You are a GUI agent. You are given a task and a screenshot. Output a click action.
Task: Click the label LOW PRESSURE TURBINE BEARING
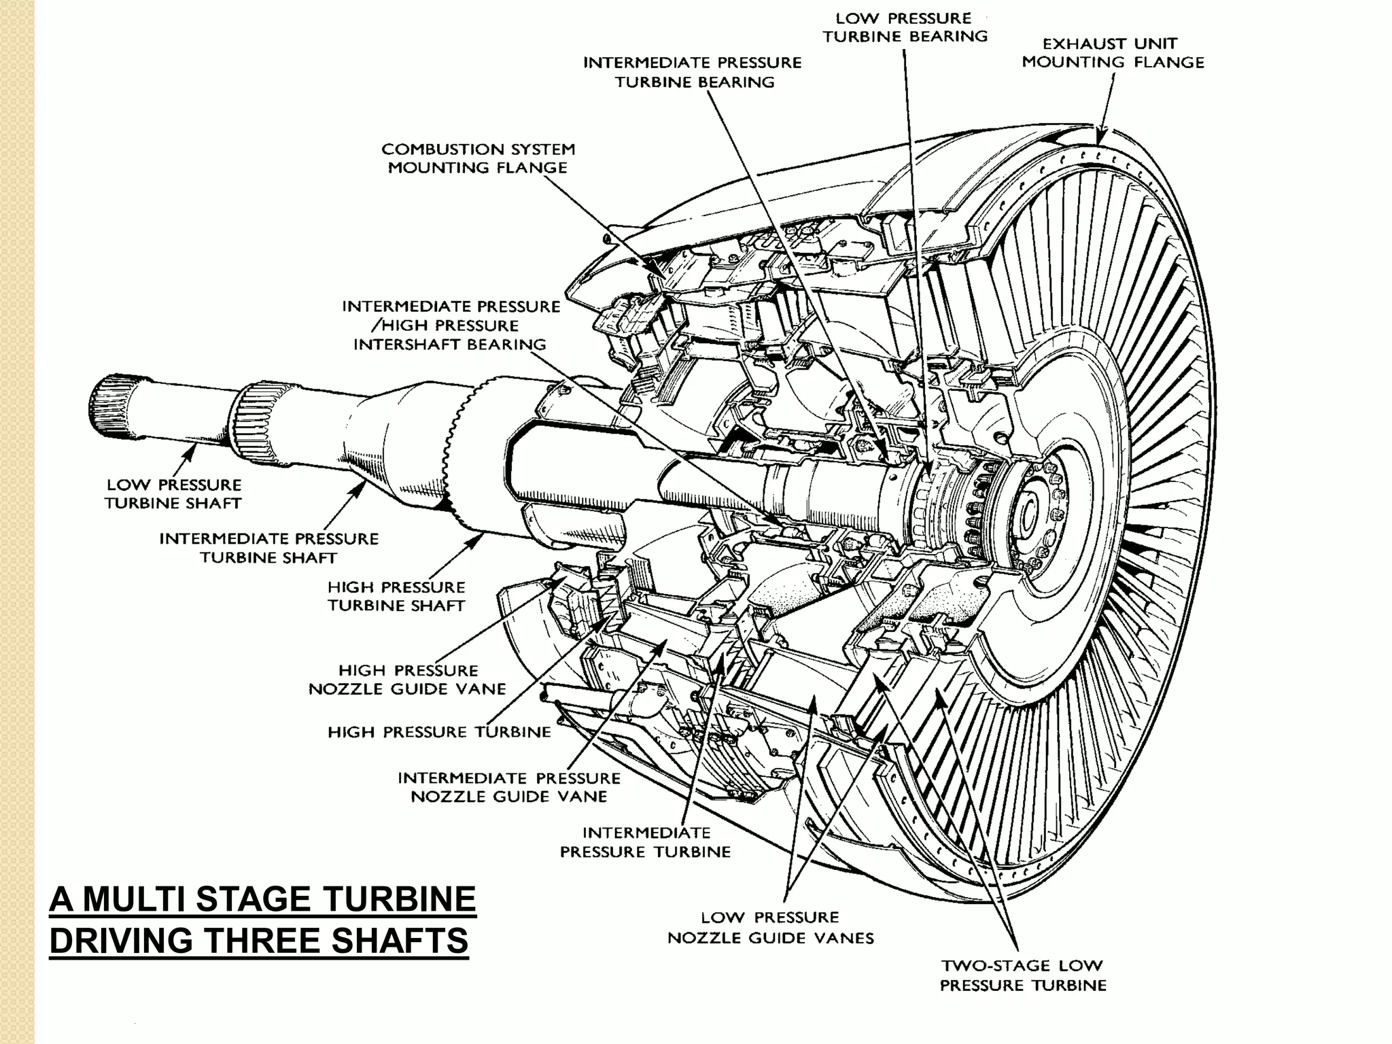click(x=905, y=27)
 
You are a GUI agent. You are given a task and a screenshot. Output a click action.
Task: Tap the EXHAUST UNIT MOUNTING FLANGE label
click(x=1113, y=53)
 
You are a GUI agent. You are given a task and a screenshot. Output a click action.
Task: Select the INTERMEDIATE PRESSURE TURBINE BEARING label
click(x=693, y=72)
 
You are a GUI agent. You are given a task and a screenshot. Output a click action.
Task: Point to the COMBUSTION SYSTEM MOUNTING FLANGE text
click(x=478, y=158)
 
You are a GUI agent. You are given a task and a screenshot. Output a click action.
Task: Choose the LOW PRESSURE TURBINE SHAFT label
click(x=173, y=494)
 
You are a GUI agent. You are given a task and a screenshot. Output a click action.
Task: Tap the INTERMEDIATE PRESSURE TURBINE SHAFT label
click(x=268, y=548)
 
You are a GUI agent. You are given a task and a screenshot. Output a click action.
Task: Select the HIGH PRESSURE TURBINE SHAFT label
click(x=396, y=596)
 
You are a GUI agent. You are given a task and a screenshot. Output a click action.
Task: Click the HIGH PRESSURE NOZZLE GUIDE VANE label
click(x=407, y=680)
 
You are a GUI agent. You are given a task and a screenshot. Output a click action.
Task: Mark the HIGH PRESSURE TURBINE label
click(x=439, y=732)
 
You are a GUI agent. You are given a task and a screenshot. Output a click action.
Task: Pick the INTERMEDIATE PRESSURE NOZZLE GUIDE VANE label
click(x=509, y=787)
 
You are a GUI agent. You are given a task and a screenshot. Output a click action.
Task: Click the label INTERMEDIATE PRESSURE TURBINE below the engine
click(x=645, y=842)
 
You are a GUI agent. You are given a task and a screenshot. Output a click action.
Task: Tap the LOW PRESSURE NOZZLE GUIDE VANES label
click(x=770, y=928)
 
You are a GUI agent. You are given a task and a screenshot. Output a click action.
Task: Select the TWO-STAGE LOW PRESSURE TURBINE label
click(x=1023, y=975)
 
